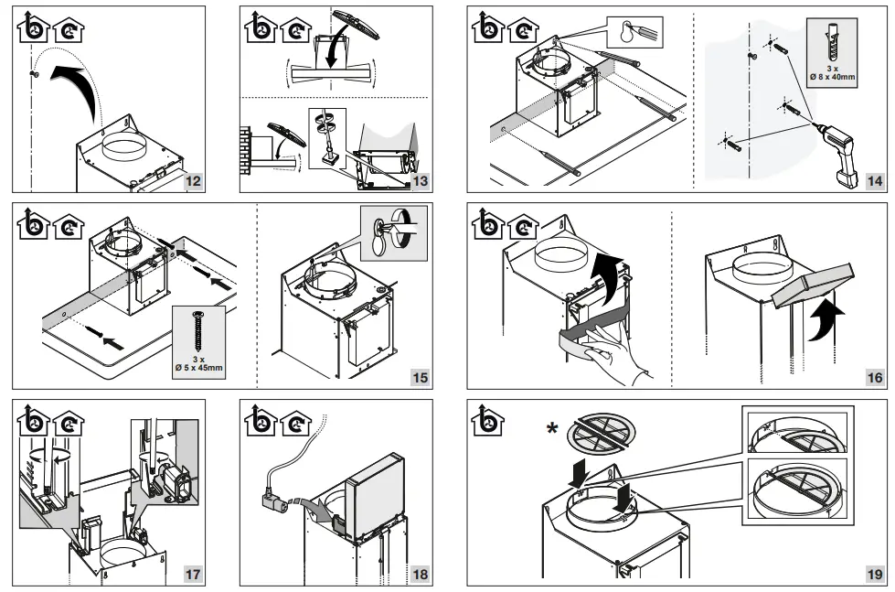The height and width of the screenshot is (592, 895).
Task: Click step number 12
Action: click(x=192, y=180)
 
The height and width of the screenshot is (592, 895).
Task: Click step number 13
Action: click(x=420, y=180)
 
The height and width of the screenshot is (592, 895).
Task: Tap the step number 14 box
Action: click(x=875, y=180)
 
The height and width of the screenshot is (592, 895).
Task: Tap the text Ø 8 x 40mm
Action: click(x=831, y=77)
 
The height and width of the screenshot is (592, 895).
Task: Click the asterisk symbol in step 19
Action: click(x=551, y=429)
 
